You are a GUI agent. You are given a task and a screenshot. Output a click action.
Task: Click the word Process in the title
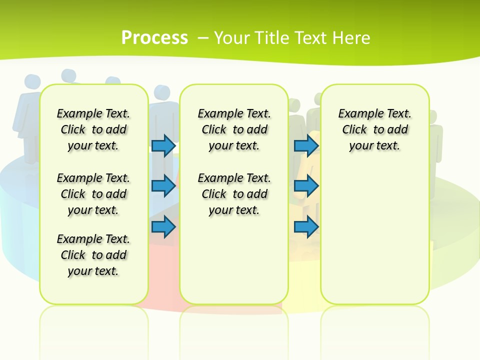coord(154,37)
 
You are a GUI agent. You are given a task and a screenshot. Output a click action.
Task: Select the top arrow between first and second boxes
coord(163,145)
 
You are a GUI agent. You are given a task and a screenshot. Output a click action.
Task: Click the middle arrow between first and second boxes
coord(163,185)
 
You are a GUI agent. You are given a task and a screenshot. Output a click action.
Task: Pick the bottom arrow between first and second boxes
coord(163,226)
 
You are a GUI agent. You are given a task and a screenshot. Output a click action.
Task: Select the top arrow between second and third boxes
coord(306,145)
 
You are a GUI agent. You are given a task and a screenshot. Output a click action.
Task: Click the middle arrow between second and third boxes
coord(306,185)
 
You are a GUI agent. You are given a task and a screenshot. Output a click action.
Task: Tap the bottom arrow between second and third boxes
coord(306,226)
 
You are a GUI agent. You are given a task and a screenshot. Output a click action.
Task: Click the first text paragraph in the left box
coord(93,129)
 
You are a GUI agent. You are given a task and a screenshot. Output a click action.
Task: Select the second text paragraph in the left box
coord(93,194)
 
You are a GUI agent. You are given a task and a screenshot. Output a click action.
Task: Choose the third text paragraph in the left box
coord(93,255)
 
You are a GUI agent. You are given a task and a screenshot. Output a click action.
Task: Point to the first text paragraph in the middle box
coord(234,129)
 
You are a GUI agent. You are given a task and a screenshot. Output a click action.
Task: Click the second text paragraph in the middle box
coord(234,194)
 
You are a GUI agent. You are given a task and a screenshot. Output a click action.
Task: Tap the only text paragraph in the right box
coord(374,129)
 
